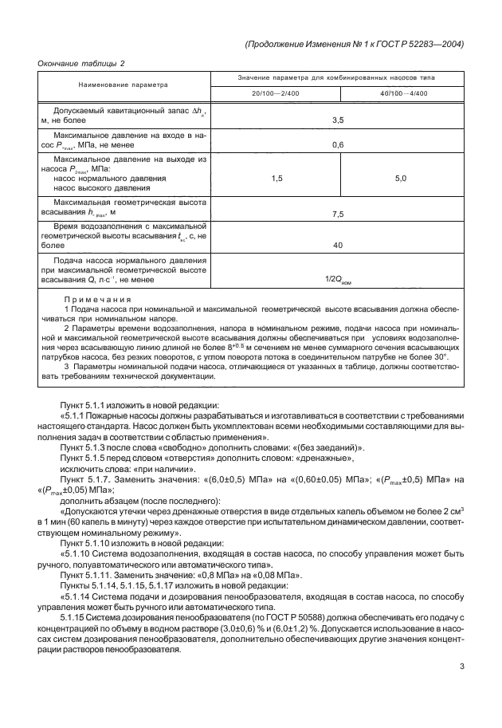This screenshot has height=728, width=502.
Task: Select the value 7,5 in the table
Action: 337,214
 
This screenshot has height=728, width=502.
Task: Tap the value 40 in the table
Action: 337,245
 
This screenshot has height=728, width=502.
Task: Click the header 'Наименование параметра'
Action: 124,84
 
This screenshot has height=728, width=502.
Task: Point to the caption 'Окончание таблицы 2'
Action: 82,63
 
